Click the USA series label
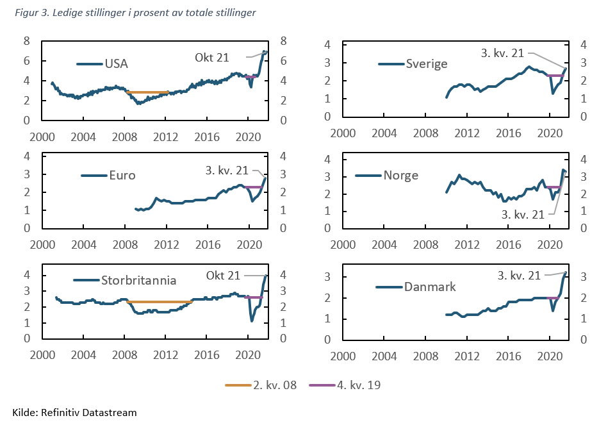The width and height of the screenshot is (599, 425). (x=116, y=63)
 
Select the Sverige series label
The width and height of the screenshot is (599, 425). (x=427, y=63)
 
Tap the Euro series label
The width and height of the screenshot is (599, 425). (x=122, y=175)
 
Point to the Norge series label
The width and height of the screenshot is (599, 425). (x=400, y=175)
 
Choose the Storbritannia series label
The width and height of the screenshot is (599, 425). (x=138, y=280)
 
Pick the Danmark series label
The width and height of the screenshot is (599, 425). (x=430, y=287)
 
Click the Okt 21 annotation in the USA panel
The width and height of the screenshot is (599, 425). (x=211, y=58)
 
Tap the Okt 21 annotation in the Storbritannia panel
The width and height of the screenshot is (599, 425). (x=223, y=275)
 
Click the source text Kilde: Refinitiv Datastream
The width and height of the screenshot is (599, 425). (x=74, y=412)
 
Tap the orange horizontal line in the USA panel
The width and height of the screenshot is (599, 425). (x=148, y=92)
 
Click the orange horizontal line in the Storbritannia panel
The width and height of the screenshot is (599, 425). (x=160, y=302)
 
